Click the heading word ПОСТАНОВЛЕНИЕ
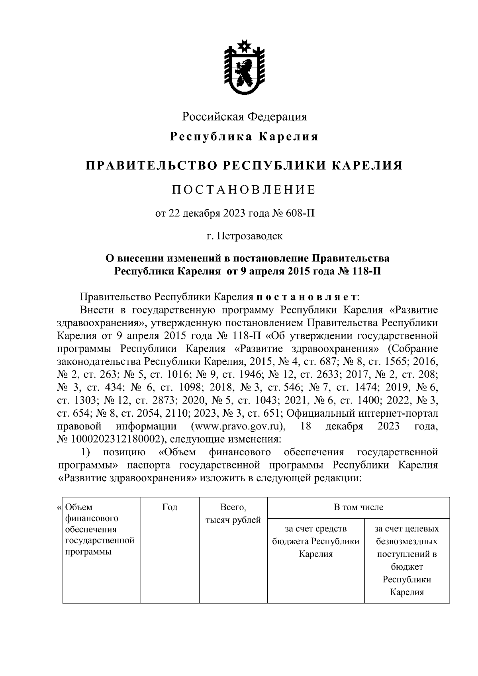click(x=244, y=190)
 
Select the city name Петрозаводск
click(x=250, y=236)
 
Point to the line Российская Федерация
click(x=245, y=117)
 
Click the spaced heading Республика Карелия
click(x=244, y=137)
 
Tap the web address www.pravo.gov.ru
click(x=237, y=427)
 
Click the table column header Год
click(x=170, y=507)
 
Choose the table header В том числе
click(x=358, y=507)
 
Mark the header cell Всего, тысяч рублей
click(x=233, y=513)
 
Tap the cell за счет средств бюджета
click(x=316, y=541)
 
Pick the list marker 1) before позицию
click(x=86, y=452)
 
